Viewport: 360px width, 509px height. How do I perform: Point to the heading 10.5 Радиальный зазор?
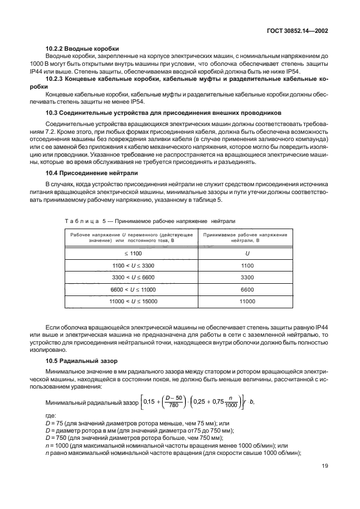coord(83,362)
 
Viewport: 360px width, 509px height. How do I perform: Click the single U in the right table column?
coord(247,253)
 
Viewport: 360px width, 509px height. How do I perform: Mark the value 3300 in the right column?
coord(247,278)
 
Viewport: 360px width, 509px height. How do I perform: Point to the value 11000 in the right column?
coord(247,302)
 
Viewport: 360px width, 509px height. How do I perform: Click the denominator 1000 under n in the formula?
coord(231,406)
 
